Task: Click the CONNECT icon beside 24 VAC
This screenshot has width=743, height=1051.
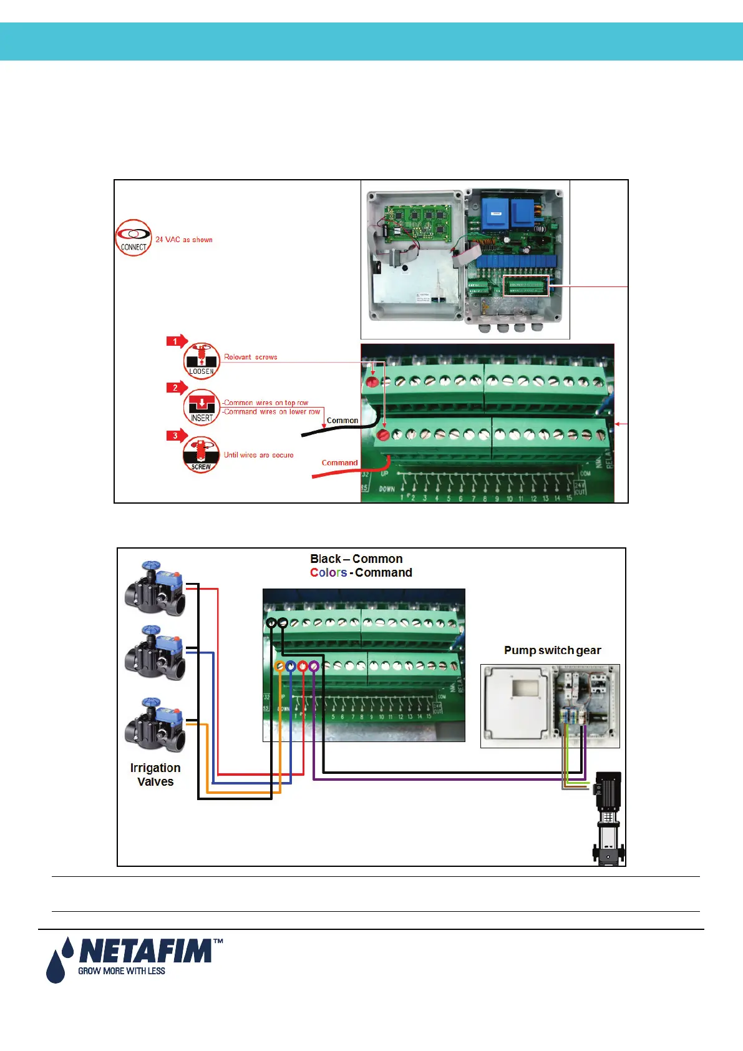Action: pos(134,238)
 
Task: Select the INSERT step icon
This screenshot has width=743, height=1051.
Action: pos(202,408)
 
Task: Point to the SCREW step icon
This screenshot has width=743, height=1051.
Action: pos(201,455)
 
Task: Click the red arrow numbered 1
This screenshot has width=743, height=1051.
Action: pos(177,341)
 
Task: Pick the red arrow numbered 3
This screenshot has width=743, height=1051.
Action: pos(177,436)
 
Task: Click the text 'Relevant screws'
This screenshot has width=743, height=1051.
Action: pos(251,357)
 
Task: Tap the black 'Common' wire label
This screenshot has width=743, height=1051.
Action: pos(342,421)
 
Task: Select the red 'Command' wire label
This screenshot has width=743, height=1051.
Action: pos(339,462)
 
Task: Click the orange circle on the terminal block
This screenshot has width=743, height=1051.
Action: pos(280,667)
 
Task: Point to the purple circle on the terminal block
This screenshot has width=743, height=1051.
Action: pos(314,667)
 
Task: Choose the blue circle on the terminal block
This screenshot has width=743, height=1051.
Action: pos(291,667)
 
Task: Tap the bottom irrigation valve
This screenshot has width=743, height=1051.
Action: pos(155,726)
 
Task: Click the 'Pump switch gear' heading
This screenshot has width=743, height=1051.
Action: pos(552,650)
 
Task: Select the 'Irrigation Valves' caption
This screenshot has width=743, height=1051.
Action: pos(155,775)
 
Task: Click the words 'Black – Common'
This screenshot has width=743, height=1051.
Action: pos(356,559)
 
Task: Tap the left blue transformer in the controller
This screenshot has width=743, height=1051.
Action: pos(495,213)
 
